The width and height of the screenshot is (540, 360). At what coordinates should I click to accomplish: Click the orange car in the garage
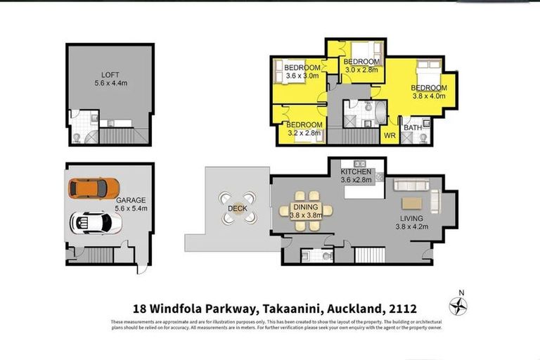click(x=94, y=188)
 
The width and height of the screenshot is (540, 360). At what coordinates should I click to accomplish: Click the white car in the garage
click(x=96, y=223)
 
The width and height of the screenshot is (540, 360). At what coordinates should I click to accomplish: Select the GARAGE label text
click(x=129, y=200)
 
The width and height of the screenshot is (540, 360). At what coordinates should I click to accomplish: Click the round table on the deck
click(x=238, y=208)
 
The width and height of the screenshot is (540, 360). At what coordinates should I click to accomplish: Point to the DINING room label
click(x=306, y=207)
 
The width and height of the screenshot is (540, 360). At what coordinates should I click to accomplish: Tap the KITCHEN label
click(x=355, y=172)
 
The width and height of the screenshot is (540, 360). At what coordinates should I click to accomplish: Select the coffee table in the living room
click(x=413, y=203)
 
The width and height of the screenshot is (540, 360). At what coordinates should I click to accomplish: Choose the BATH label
click(x=413, y=127)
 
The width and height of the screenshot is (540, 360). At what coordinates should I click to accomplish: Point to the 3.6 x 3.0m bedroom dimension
click(x=301, y=76)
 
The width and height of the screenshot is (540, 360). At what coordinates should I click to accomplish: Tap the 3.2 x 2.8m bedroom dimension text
click(x=304, y=132)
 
